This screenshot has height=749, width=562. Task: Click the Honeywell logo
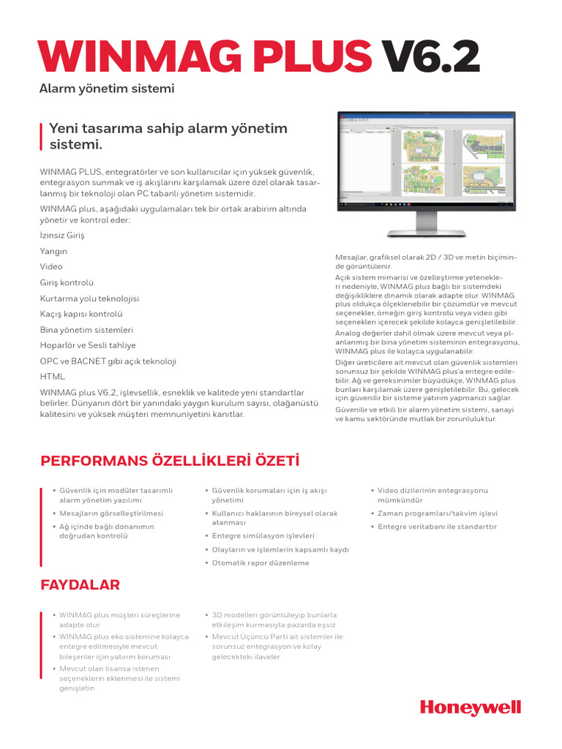click(470, 707)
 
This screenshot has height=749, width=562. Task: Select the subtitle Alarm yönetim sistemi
click(107, 89)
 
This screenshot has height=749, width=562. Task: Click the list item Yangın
click(53, 251)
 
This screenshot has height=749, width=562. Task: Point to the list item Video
click(51, 267)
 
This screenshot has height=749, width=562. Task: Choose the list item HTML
click(52, 377)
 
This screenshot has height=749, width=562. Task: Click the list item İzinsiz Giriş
click(62, 236)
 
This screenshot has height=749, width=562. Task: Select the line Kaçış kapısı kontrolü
click(81, 314)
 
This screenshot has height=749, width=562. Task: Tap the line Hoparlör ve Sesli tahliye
click(88, 345)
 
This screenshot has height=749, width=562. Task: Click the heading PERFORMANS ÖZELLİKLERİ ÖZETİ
click(170, 462)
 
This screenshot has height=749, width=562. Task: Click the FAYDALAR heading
click(80, 585)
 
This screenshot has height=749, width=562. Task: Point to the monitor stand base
click(426, 233)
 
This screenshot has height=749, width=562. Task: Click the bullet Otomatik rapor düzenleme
click(261, 563)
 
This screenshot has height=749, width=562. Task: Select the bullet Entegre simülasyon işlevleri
click(263, 535)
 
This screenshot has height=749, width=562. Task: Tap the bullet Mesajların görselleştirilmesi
click(111, 513)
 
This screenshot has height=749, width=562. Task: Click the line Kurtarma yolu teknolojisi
click(89, 298)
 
